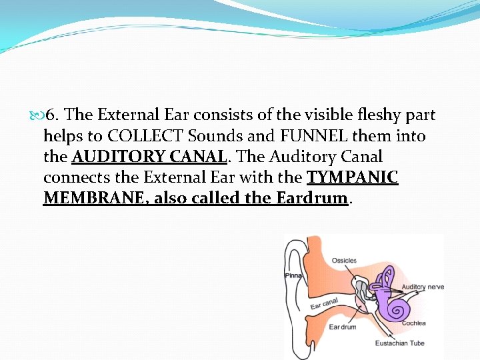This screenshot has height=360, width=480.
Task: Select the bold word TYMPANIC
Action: click(352, 178)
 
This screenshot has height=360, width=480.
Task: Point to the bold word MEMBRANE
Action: click(84, 199)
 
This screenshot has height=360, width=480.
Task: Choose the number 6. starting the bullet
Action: click(55, 115)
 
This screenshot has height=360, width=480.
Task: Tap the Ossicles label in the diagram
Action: click(344, 261)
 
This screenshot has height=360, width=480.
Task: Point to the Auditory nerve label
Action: click(423, 287)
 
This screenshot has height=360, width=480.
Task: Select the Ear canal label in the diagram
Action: click(325, 303)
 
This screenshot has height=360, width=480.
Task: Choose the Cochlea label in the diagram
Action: click(415, 323)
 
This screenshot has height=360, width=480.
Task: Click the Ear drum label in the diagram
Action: click(343, 327)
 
